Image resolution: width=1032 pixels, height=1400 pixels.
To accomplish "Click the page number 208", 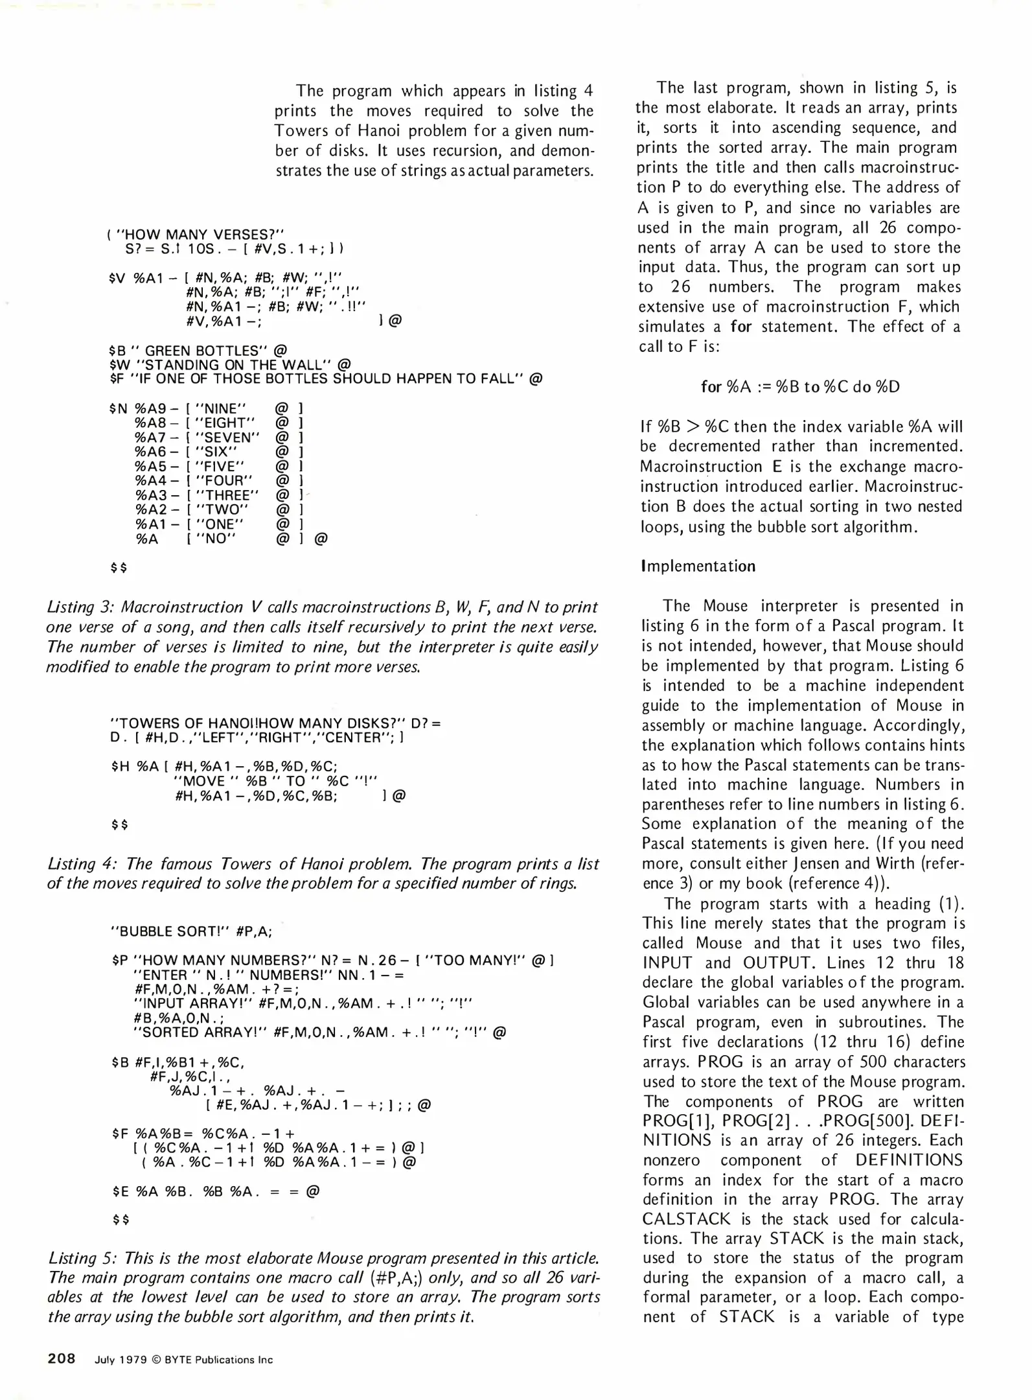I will tap(62, 1359).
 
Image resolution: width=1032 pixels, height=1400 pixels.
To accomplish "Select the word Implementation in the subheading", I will tap(698, 566).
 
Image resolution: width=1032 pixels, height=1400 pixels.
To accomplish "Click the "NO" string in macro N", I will tap(214, 539).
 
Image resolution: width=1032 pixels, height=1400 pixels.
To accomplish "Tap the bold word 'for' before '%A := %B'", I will tap(711, 387).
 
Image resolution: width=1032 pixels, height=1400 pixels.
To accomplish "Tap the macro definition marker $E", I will tap(120, 1191).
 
